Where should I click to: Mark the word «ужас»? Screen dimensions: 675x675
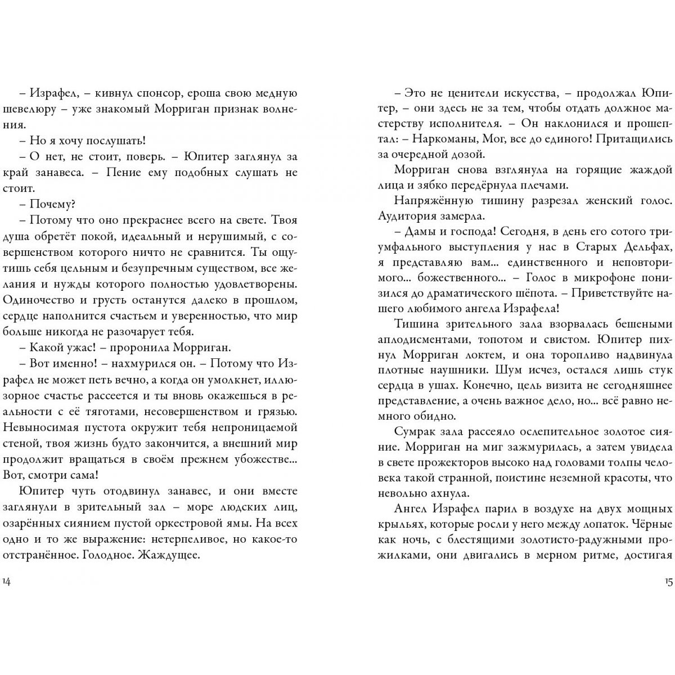point(84,346)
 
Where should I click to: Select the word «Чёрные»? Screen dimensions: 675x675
point(652,524)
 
